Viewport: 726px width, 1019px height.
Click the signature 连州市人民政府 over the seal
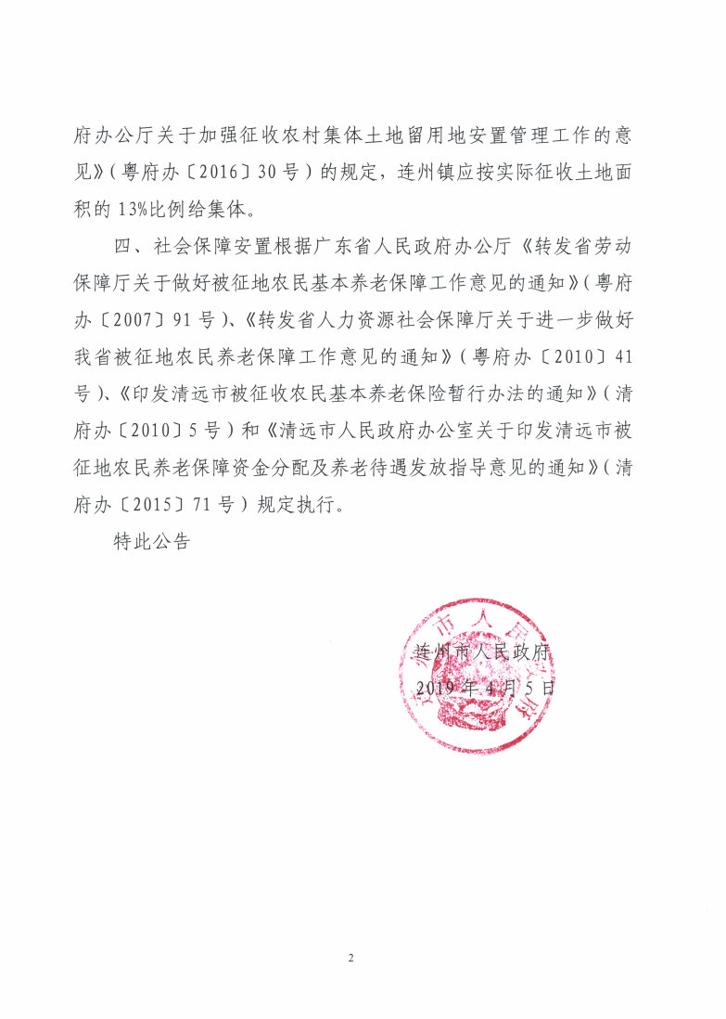482,651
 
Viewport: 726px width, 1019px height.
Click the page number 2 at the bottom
351,956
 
